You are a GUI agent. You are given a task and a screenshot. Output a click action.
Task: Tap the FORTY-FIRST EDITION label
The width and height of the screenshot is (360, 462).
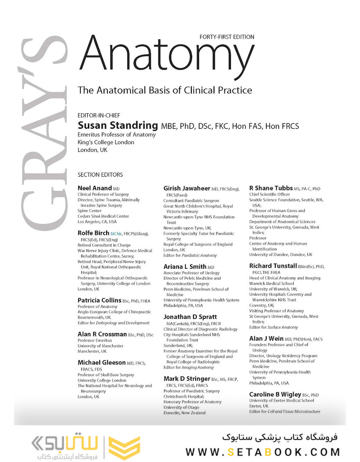227,37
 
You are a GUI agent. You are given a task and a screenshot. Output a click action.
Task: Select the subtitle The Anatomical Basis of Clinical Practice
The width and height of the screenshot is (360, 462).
165,90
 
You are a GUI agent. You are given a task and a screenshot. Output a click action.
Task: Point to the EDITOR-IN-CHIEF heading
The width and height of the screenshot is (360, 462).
99,115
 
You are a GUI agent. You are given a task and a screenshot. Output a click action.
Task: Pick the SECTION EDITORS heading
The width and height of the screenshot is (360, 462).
100,175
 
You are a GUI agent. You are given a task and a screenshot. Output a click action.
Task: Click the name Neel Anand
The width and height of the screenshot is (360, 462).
95,188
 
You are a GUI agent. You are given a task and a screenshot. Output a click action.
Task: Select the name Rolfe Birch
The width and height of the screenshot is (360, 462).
93,233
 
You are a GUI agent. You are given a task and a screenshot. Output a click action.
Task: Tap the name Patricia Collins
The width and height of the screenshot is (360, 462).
99,300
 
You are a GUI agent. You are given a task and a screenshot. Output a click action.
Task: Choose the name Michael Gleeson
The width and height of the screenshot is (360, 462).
101,362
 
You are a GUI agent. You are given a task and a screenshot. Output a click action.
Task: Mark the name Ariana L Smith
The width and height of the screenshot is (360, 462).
185,267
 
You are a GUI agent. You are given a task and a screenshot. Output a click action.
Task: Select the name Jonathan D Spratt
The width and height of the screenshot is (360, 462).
190,317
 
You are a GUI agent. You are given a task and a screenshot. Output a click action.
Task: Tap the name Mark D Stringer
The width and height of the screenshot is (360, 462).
187,379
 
